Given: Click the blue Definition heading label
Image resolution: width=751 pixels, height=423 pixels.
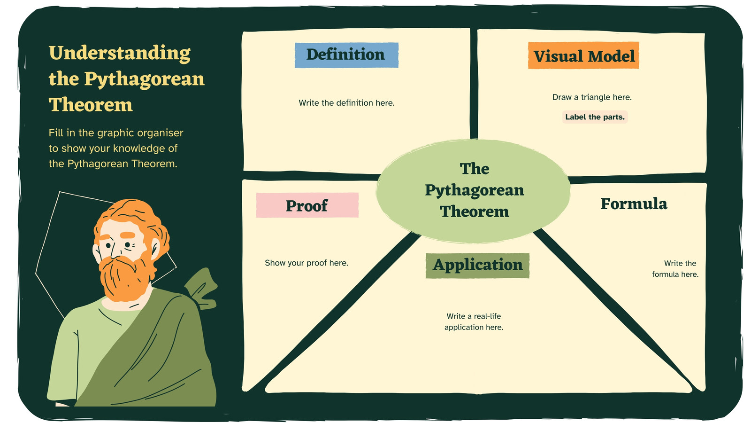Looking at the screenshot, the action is point(347,55).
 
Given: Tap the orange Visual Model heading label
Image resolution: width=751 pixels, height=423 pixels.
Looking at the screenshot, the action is point(584,55).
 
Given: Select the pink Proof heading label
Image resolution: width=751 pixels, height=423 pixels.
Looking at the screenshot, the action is point(307,205).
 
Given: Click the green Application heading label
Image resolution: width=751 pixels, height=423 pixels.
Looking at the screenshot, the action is point(477,265).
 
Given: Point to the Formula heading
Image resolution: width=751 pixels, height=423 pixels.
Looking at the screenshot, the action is point(634,204).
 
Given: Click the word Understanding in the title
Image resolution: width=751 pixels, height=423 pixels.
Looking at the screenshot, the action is point(120,54).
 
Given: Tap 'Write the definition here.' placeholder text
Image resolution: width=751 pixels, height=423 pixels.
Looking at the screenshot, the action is point(347,103).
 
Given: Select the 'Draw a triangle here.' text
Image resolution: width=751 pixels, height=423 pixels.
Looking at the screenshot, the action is point(592,97).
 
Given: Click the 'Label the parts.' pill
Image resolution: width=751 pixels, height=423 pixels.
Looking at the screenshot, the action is point(595,117).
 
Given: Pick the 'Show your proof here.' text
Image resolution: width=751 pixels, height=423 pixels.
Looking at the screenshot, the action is point(307,263).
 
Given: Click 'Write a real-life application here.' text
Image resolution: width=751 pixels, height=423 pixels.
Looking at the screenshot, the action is point(474,321).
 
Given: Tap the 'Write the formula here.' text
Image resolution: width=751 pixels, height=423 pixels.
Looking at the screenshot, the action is point(675,268).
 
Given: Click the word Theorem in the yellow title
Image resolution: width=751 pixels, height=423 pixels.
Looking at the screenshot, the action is point(91,104).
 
